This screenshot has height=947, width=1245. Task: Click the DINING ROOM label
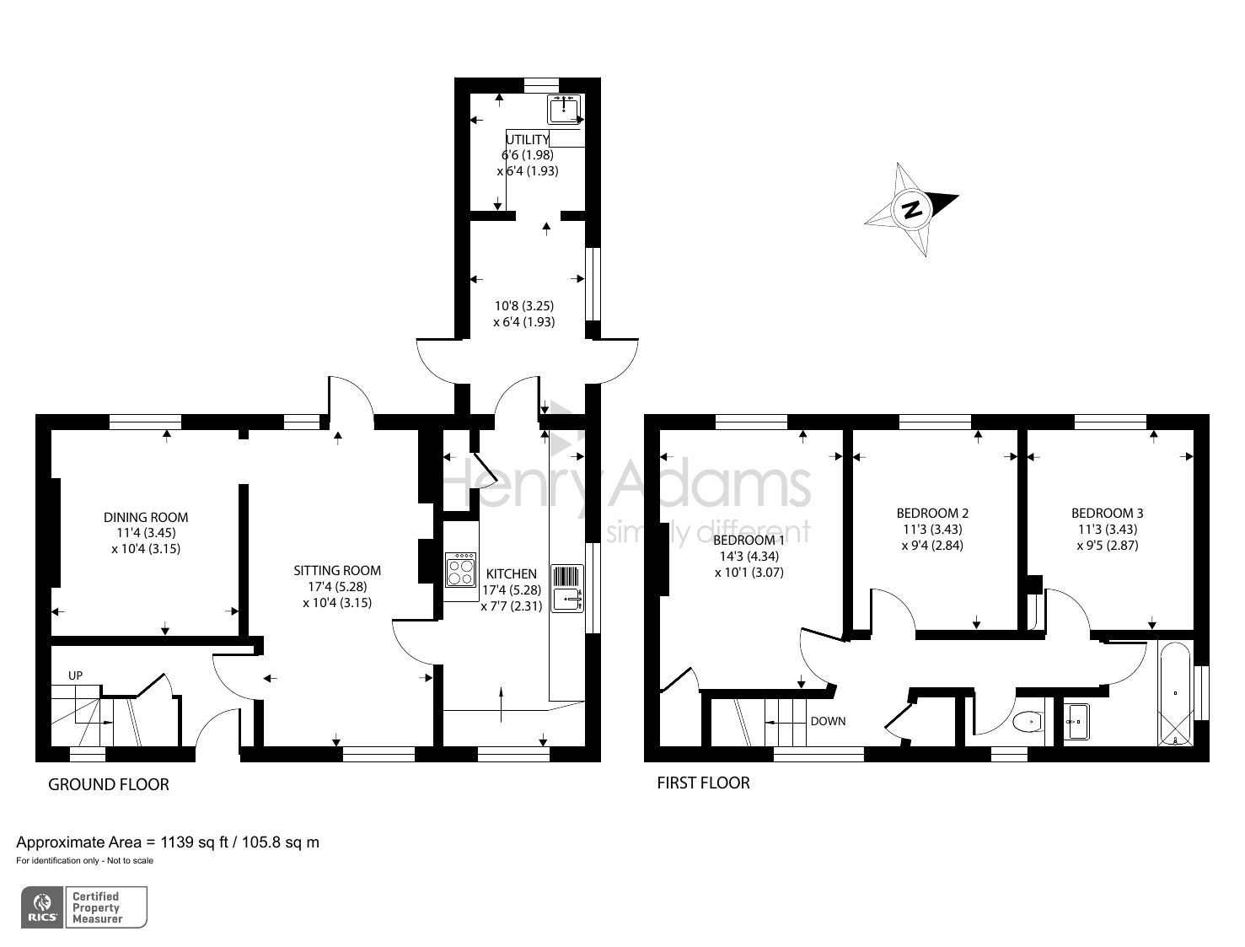click(146, 517)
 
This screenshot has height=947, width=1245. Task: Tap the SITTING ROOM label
click(337, 571)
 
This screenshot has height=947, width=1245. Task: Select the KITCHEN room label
click(511, 573)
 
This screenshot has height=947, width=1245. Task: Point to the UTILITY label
click(527, 139)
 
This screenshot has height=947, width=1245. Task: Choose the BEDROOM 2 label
click(932, 513)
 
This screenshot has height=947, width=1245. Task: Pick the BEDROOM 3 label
click(1107, 513)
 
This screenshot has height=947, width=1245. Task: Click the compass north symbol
click(910, 209)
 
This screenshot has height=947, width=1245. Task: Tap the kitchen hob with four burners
click(461, 569)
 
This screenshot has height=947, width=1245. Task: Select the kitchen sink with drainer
click(567, 588)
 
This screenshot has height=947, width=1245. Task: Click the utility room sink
click(564, 109)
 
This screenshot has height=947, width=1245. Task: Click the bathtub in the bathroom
click(1176, 694)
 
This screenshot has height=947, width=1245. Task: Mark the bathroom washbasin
click(1076, 721)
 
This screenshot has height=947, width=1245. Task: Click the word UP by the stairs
click(76, 675)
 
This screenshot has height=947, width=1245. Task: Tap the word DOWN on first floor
click(828, 721)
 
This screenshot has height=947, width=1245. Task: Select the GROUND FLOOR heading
click(109, 784)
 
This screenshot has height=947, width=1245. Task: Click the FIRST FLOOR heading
click(703, 783)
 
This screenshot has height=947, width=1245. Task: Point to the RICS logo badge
click(42, 907)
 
